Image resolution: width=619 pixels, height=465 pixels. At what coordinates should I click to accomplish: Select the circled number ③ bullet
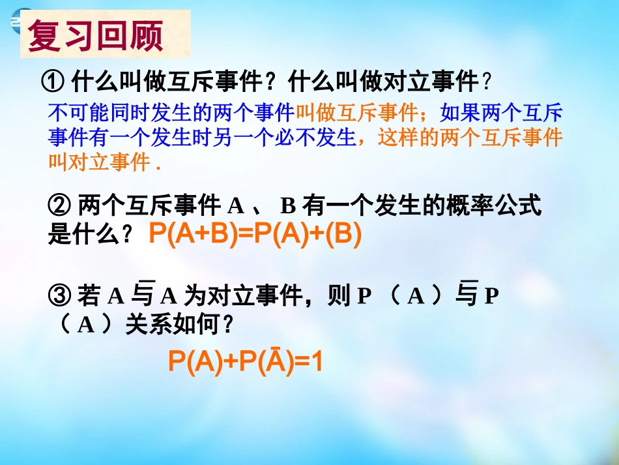click(x=59, y=296)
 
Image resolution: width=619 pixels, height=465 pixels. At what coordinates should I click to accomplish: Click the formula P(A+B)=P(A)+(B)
click(x=255, y=234)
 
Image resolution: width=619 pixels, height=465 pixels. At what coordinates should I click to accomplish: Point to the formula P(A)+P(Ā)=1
click(x=246, y=361)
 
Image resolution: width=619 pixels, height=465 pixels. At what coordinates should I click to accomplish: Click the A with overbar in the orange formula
click(x=274, y=361)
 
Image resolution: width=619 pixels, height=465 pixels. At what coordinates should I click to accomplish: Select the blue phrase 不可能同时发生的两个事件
click(x=172, y=113)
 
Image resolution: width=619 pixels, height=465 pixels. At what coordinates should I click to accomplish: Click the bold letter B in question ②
click(x=288, y=207)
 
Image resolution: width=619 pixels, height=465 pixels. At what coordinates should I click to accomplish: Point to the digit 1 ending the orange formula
click(x=317, y=361)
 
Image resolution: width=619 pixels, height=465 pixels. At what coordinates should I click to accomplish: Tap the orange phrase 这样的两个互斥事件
click(x=470, y=138)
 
